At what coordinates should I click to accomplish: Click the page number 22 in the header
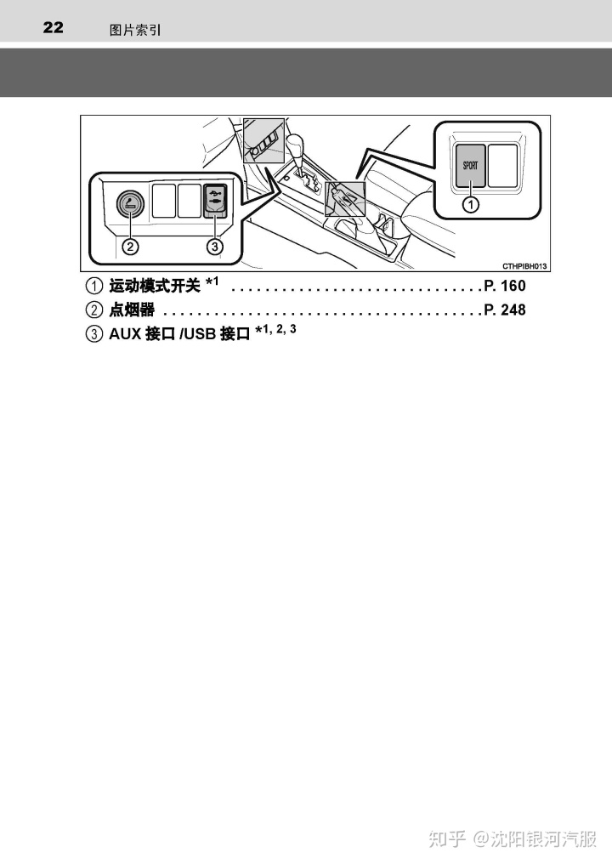point(53,28)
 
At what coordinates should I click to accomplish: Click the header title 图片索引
point(135,30)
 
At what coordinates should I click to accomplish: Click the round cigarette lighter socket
point(130,203)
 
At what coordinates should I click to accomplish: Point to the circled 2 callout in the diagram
point(130,247)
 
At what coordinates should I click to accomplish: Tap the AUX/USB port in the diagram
point(216,202)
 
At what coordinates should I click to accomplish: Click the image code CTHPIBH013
point(524,265)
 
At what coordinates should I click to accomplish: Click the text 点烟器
point(132,310)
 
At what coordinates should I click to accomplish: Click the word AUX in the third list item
point(124,334)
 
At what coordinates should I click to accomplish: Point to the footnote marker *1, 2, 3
point(275,331)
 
